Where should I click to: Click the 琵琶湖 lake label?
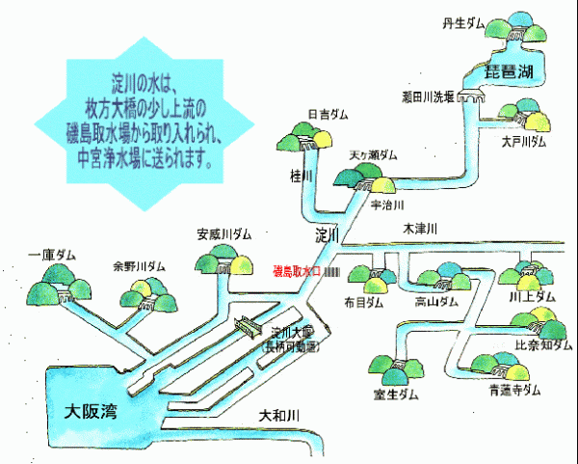tap(510, 72)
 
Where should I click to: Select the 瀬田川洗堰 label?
tap(428, 96)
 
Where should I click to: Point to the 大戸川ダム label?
tap(523, 141)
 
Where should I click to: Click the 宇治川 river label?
tap(386, 205)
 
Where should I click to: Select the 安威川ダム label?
tap(224, 233)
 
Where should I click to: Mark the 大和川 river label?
tap(280, 415)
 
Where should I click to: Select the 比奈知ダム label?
tap(543, 344)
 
